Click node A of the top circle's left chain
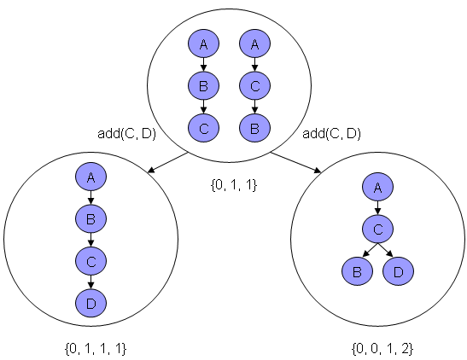[203, 44]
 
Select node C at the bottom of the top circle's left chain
[203, 128]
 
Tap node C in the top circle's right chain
[254, 85]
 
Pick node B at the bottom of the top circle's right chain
[254, 128]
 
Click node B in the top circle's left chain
[203, 85]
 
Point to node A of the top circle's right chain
[254, 44]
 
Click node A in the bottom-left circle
[90, 177]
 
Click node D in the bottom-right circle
[398, 271]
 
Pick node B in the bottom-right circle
[356, 271]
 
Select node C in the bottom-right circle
[377, 229]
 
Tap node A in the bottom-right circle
[377, 187]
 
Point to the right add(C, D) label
[331, 133]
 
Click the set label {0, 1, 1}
[233, 183]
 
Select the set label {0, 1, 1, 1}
[95, 349]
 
